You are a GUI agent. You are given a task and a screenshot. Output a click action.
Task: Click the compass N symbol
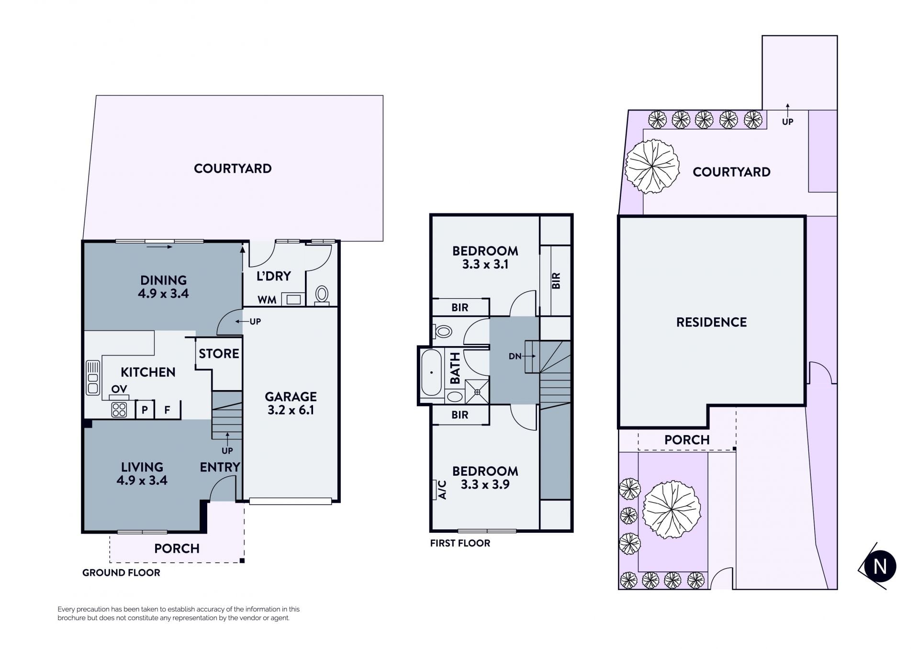880,566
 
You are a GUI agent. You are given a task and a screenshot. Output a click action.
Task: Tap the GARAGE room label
291,397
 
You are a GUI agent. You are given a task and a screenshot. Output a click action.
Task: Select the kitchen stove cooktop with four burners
119,410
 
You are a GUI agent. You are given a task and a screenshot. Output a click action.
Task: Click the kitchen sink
93,378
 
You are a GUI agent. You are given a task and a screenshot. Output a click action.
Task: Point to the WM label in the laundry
267,300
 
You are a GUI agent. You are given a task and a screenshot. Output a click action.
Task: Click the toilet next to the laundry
322,295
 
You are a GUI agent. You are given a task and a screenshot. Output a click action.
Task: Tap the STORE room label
219,354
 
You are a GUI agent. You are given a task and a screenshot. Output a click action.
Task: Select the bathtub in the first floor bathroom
431,373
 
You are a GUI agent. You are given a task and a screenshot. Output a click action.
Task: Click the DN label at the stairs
515,356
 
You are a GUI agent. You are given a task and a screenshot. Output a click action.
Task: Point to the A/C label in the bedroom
442,490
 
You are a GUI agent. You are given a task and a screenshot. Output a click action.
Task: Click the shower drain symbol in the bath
477,392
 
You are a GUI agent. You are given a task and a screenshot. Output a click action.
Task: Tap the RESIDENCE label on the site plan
711,322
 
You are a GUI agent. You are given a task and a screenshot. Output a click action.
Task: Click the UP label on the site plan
787,122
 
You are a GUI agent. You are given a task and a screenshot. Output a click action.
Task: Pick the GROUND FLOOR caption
121,572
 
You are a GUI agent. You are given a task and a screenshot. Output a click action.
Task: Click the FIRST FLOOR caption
460,543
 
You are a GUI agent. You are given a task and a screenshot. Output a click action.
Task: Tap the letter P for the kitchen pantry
145,410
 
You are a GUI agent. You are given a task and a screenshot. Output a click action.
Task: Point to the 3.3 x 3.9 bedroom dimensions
485,484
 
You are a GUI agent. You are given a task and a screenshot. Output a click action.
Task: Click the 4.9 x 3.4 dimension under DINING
163,293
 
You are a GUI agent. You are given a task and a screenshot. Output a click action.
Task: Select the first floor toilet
443,331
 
